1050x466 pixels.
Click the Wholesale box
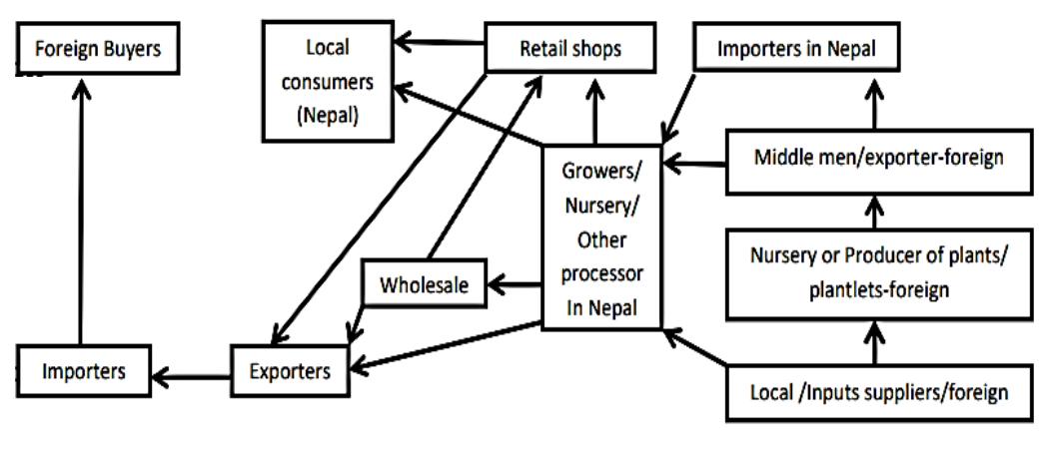[x=424, y=286]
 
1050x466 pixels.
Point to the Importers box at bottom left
[x=83, y=372]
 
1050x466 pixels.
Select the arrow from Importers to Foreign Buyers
[x=80, y=210]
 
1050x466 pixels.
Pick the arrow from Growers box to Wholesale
[x=512, y=286]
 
